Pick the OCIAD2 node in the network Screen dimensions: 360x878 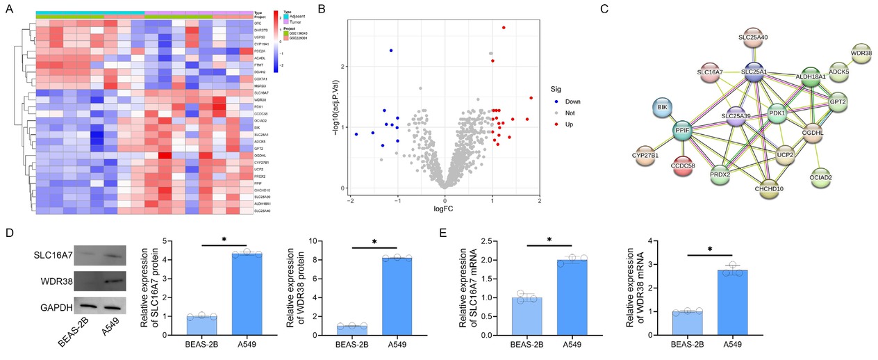coord(836,175)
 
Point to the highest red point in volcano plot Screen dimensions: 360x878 coord(504,28)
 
